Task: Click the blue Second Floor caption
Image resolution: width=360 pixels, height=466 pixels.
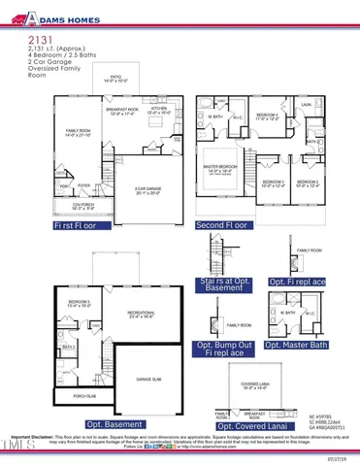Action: point(223,224)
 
